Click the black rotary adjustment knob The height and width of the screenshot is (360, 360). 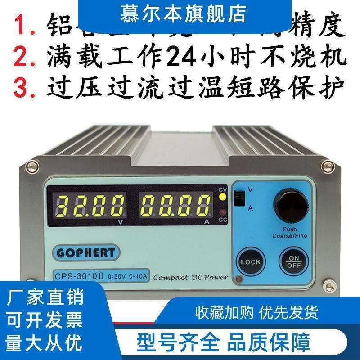292,207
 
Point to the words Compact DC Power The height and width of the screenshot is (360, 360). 190,277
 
